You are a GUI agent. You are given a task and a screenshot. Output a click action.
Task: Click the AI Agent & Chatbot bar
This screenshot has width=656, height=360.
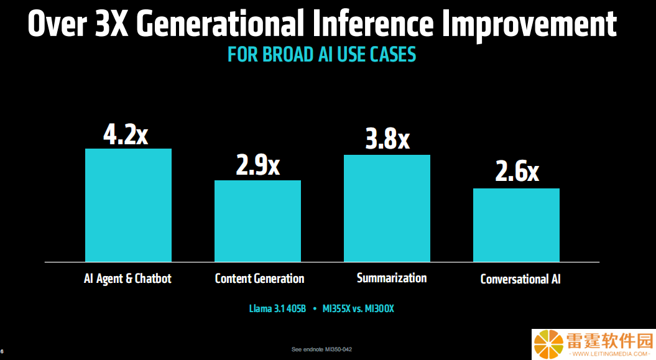(x=129, y=205)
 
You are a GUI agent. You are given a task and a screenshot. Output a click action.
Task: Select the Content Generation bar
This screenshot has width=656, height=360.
(x=257, y=221)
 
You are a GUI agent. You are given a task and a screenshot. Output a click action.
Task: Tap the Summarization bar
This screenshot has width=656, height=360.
(x=387, y=209)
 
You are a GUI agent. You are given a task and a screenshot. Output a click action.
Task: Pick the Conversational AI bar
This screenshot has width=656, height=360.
(x=516, y=225)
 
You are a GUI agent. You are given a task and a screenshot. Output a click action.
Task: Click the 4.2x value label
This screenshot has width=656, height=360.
(x=126, y=135)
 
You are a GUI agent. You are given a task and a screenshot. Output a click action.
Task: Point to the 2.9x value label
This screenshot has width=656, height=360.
(x=257, y=165)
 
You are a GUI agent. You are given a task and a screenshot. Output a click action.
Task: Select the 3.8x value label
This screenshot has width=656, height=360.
(x=387, y=139)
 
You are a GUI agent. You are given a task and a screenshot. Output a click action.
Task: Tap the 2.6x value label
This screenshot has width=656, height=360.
(x=517, y=172)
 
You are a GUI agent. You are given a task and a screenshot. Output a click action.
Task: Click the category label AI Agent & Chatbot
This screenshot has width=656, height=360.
(x=127, y=279)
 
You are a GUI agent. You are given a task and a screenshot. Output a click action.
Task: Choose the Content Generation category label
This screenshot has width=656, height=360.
(x=259, y=279)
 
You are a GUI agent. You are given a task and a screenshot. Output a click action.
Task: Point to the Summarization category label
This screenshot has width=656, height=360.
(x=392, y=278)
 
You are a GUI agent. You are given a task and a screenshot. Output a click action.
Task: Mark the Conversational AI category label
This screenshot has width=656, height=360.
(x=520, y=279)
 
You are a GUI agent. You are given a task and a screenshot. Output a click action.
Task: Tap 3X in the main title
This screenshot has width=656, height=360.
(x=112, y=24)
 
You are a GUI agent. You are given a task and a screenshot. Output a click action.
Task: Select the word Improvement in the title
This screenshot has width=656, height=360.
(x=529, y=25)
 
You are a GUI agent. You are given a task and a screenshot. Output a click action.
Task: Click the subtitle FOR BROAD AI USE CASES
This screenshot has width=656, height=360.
(x=321, y=55)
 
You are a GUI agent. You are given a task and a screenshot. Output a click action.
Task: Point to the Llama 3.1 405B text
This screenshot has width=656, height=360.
(x=277, y=309)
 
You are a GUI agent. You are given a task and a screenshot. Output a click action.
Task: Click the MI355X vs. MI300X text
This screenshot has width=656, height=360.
(x=358, y=309)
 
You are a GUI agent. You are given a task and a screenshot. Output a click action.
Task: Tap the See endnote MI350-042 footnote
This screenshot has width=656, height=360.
(x=321, y=349)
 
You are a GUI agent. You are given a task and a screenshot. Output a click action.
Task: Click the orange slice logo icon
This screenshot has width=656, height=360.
(x=549, y=344)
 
